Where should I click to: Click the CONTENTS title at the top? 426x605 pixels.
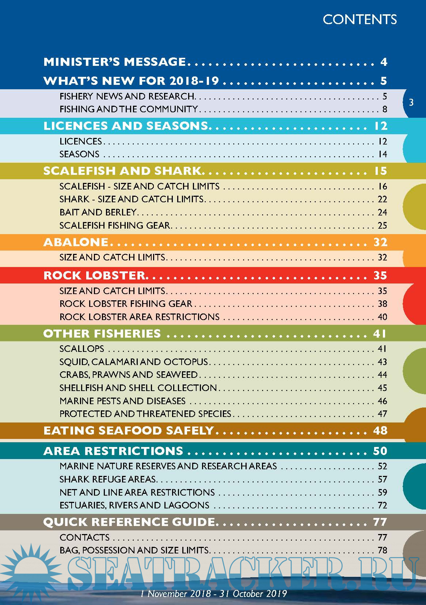(x=360, y=19)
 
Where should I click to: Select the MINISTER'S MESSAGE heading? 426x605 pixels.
(x=115, y=62)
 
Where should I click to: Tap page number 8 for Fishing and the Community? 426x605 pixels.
(x=384, y=109)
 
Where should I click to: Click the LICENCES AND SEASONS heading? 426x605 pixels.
(x=125, y=126)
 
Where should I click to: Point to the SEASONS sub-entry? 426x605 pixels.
(x=79, y=154)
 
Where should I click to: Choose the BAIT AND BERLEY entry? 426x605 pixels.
(x=98, y=212)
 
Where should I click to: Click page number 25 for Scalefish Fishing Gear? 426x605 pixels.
(x=382, y=225)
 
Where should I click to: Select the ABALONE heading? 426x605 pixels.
(x=76, y=242)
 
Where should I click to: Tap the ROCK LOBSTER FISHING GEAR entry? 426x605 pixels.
(x=126, y=304)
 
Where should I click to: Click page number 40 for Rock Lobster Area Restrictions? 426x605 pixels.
(x=382, y=317)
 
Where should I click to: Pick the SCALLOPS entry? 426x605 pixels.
(x=82, y=349)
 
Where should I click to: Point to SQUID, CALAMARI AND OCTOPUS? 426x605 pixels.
(x=134, y=362)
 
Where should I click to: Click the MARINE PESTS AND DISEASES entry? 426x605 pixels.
(x=122, y=401)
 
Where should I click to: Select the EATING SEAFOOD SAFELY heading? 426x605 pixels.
(x=128, y=431)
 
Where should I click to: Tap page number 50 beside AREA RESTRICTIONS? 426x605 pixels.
(x=380, y=451)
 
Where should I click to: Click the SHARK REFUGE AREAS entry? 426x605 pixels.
(x=108, y=479)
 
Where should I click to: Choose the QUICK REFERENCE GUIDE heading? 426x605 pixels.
(x=129, y=522)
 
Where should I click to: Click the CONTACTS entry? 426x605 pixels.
(x=84, y=537)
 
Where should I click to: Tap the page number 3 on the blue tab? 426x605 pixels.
(x=411, y=102)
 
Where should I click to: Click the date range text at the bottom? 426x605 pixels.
(x=213, y=594)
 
